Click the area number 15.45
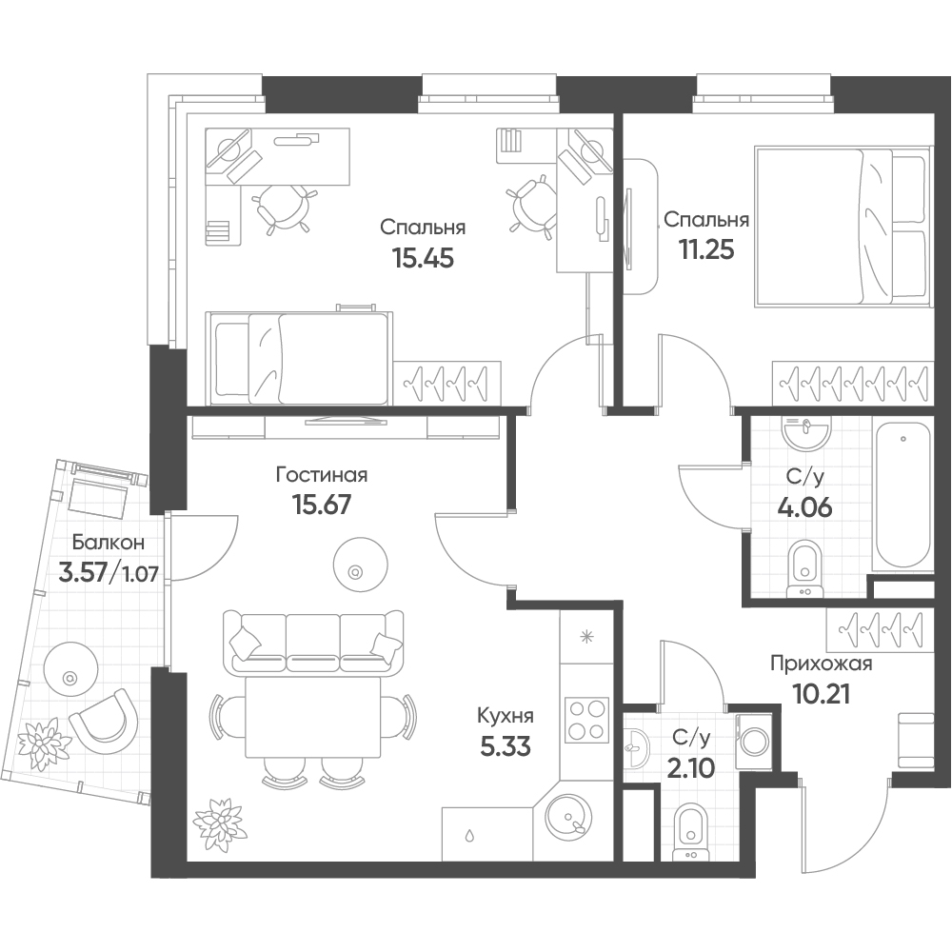coord(424,259)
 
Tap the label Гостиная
coord(322,474)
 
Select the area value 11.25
coord(706,248)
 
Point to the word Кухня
coord(506,716)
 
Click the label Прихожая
coord(821,664)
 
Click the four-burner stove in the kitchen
coord(586,720)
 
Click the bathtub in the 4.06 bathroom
coord(902,493)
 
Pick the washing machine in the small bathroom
coord(753,742)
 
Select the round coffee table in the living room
coord(361,564)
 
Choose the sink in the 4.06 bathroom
coord(806,432)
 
